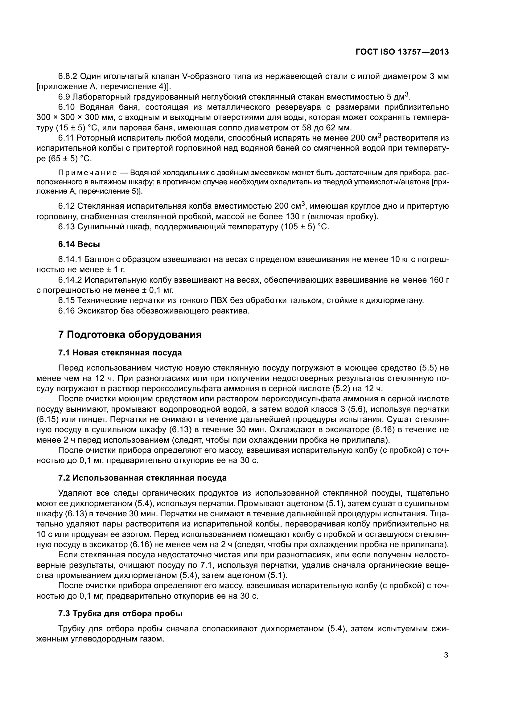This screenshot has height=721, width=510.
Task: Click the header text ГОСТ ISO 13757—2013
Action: point(402,52)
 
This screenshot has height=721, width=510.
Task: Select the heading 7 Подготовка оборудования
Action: point(130,335)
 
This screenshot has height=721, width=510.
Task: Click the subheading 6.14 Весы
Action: point(79,244)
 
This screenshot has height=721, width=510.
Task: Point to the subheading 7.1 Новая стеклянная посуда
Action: point(120,353)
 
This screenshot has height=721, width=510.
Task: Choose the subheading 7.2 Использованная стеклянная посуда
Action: point(142,478)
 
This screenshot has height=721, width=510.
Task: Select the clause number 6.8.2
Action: point(68,76)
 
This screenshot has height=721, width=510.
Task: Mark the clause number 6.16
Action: point(66,311)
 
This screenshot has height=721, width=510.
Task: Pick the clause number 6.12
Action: point(66,206)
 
